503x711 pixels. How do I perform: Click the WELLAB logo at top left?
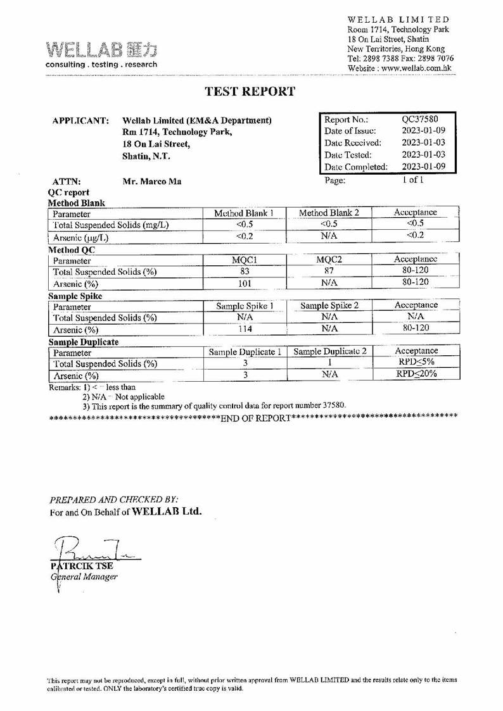101,54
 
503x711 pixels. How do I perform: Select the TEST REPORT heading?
250,91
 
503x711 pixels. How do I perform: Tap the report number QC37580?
420,118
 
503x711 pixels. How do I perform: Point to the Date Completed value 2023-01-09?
423,167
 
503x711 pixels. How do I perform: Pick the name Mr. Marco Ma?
152,182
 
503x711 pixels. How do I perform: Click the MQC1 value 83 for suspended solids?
245,271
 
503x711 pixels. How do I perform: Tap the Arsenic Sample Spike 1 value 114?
245,329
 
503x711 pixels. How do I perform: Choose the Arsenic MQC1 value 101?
245,283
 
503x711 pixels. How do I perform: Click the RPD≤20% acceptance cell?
416,374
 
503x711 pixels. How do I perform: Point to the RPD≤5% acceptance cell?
416,362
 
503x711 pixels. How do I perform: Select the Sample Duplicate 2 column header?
330,351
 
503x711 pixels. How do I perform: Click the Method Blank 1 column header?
244,213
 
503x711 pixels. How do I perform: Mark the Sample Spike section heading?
75,296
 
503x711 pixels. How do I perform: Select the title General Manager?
84,576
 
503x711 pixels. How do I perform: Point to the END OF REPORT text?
255,418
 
